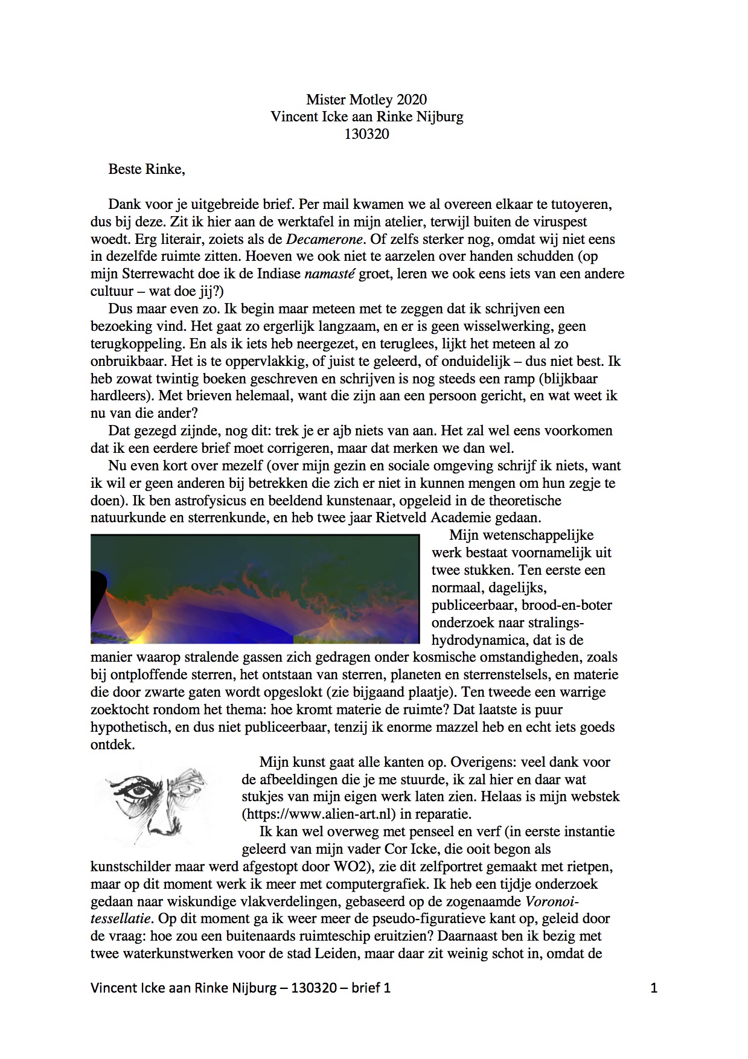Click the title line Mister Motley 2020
366,99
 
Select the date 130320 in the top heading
366,134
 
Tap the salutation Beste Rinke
146,169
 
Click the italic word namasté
330,274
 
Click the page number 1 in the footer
654,988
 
